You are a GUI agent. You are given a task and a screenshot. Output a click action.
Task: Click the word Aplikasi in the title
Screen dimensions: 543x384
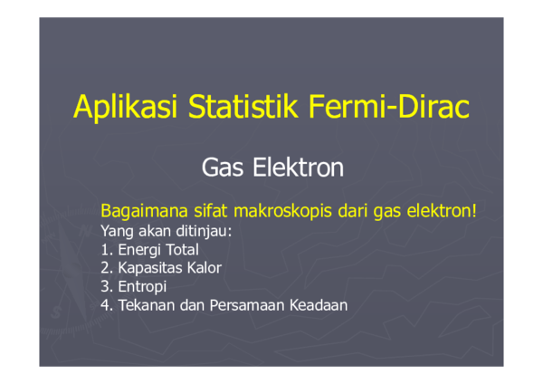point(126,108)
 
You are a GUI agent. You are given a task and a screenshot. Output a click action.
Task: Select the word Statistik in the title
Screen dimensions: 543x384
point(243,106)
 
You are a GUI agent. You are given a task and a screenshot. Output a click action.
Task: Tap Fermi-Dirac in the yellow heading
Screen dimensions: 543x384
point(389,106)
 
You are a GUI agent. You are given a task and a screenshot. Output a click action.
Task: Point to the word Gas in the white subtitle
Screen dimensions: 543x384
point(223,168)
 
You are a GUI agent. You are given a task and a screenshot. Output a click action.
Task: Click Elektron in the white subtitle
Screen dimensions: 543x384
point(298,167)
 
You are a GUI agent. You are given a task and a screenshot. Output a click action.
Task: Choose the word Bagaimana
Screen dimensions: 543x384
point(145,211)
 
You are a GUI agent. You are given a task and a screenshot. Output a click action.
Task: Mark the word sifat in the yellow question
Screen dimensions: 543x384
point(211,210)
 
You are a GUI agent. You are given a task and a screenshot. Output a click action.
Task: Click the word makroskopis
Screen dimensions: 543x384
point(283,211)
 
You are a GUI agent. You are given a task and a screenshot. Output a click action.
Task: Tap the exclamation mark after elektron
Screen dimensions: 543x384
point(474,210)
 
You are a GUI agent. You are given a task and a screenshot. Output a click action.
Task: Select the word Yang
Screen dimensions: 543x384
point(117,232)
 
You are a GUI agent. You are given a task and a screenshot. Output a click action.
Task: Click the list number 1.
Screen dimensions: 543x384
point(105,250)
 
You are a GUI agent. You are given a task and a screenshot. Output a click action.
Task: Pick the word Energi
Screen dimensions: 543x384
point(139,250)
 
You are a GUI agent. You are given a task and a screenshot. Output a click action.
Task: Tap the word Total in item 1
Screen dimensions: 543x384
point(182,250)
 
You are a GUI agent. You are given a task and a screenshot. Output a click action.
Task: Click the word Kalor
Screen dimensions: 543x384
point(204,268)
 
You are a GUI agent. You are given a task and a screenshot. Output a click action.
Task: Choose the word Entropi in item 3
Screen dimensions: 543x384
point(142,287)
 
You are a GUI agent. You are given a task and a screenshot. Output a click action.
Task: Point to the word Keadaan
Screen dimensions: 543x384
point(319,305)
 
